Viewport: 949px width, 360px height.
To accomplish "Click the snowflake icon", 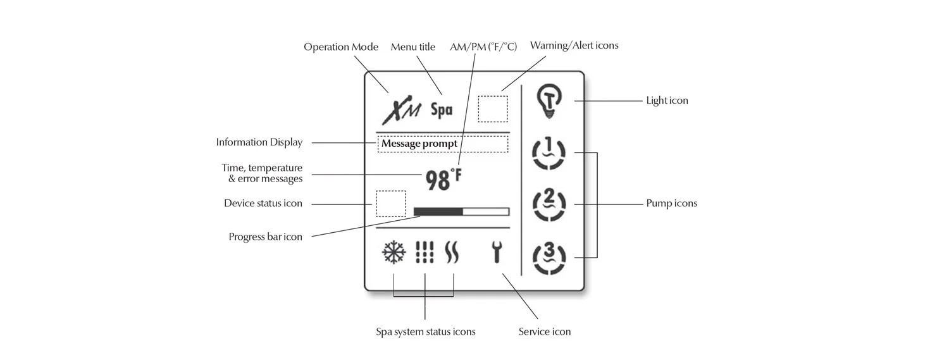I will (394, 253).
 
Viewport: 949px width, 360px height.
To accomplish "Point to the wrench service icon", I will (497, 253).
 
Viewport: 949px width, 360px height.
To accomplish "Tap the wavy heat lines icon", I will (452, 253).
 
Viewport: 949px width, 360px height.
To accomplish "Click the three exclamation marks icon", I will (425, 253).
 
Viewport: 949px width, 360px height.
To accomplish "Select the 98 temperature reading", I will (438, 180).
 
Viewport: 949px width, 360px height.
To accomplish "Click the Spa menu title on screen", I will (442, 110).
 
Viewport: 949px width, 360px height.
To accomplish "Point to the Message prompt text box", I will (442, 144).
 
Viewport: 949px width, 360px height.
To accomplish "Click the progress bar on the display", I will (461, 211).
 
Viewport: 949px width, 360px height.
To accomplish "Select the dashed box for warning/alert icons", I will (493, 108).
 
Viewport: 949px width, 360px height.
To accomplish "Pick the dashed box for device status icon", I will (390, 204).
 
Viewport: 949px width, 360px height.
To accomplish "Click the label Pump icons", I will (671, 204).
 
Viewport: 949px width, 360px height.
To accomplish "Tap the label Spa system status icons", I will (425, 332).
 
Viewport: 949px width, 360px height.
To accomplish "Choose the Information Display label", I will (259, 142).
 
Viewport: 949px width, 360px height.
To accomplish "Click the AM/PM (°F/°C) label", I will (483, 47).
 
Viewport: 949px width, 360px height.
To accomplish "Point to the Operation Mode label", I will (341, 47).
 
